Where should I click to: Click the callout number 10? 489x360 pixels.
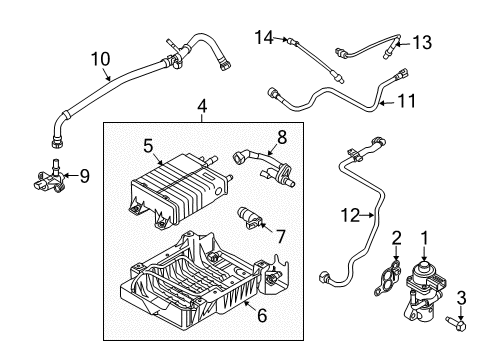point(100,59)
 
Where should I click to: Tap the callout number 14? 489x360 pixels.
point(264,37)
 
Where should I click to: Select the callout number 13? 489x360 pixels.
point(422,43)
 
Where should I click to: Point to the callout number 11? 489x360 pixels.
point(407,101)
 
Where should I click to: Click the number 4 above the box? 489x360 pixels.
point(202,107)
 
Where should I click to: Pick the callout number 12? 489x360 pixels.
point(350,215)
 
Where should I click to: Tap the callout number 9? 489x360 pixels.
point(85,176)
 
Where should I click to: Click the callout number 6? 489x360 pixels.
point(262,315)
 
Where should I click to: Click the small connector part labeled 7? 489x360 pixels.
point(249,218)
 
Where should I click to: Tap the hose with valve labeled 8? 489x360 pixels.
point(263,167)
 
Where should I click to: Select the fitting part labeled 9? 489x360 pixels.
point(49,178)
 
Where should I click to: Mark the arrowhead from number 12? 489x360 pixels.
point(371,215)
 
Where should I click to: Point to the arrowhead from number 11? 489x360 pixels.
point(382,103)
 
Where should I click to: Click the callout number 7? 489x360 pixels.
point(281,237)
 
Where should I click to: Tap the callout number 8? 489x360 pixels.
point(282,137)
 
